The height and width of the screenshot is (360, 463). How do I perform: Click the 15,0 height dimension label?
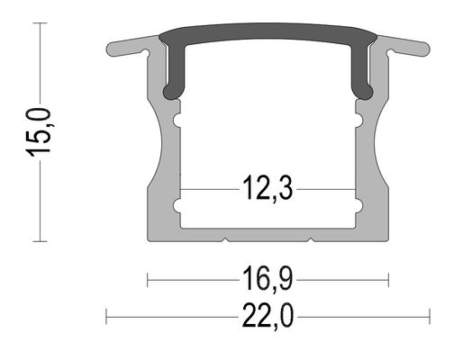click(x=40, y=132)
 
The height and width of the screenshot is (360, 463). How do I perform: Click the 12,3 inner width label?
click(x=268, y=189)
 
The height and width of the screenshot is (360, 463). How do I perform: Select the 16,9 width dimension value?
click(x=268, y=279)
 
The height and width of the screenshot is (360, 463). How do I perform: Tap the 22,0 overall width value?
click(x=268, y=316)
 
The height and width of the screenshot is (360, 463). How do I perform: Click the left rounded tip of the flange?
click(x=111, y=49)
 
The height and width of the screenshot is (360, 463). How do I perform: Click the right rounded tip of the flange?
click(x=425, y=49)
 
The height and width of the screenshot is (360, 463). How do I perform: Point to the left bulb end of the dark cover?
click(x=170, y=92)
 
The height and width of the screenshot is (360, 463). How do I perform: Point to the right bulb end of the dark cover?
click(x=366, y=92)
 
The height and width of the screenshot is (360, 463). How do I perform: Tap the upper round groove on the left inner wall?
click(x=177, y=121)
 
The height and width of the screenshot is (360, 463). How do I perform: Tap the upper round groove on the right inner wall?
click(x=359, y=121)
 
